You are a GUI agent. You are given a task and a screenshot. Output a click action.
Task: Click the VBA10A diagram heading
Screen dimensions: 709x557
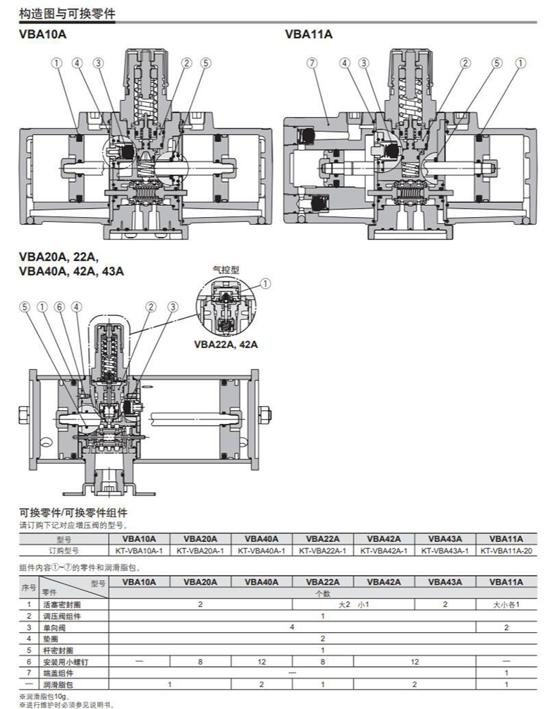[x=43, y=34]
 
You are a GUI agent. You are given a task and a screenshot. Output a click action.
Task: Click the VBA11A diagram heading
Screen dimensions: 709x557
[x=308, y=34]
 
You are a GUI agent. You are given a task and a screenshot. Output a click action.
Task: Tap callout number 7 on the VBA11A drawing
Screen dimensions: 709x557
[x=311, y=63]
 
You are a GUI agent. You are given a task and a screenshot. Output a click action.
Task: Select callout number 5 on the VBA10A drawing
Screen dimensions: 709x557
[x=206, y=63]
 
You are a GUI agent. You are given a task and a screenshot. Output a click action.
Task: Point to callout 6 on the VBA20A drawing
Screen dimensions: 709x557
[x=59, y=307]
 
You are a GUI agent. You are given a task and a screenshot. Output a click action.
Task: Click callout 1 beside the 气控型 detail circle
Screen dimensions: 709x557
[x=265, y=284]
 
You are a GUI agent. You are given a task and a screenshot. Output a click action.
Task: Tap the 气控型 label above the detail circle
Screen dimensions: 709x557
[x=226, y=269]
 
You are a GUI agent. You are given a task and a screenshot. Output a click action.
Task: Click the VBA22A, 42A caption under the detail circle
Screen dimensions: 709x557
[x=226, y=345]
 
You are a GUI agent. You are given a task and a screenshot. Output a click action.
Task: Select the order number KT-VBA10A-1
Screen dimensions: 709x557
[x=139, y=550]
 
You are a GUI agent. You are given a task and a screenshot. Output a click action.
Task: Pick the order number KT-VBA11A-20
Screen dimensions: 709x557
[x=506, y=550]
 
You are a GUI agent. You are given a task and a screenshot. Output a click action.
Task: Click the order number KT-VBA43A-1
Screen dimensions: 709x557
[x=445, y=550]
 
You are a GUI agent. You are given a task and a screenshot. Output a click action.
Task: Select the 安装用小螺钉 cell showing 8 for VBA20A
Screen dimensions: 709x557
[x=200, y=661]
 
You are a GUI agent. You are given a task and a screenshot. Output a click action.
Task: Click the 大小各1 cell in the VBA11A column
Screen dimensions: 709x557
[x=506, y=605]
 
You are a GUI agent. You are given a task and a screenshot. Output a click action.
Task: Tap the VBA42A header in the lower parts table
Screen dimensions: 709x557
[x=384, y=582]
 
